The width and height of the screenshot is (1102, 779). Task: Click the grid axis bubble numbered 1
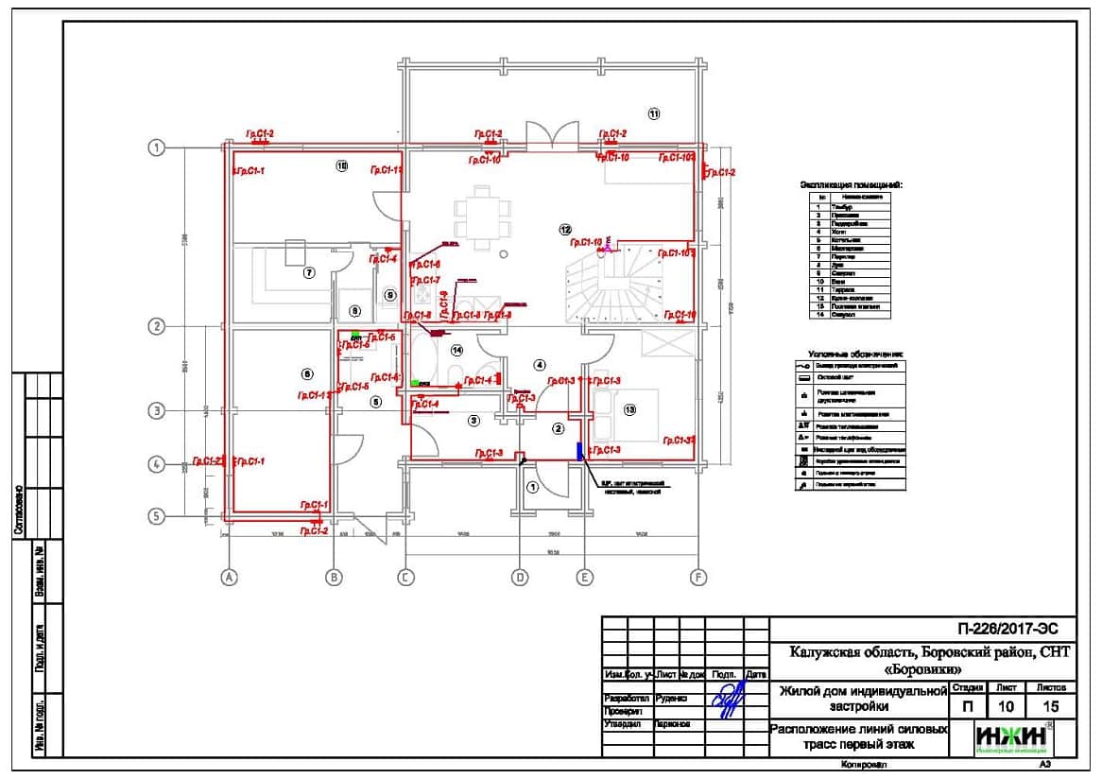[x=158, y=147]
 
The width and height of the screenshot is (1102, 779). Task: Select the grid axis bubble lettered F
[x=698, y=578]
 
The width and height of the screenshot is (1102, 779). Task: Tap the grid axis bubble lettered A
[x=228, y=578]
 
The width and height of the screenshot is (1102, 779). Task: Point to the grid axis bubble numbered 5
[x=158, y=516]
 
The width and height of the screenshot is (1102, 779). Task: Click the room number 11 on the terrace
[x=654, y=113]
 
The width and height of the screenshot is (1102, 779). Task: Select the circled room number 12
[x=565, y=229]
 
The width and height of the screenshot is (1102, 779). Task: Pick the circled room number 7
[x=307, y=273]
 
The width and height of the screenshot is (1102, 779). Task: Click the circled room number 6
[x=306, y=373]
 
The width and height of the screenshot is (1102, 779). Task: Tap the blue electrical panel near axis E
[x=578, y=447]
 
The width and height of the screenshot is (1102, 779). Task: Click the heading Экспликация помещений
[x=852, y=185]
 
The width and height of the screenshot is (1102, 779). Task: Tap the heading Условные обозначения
[x=850, y=352]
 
